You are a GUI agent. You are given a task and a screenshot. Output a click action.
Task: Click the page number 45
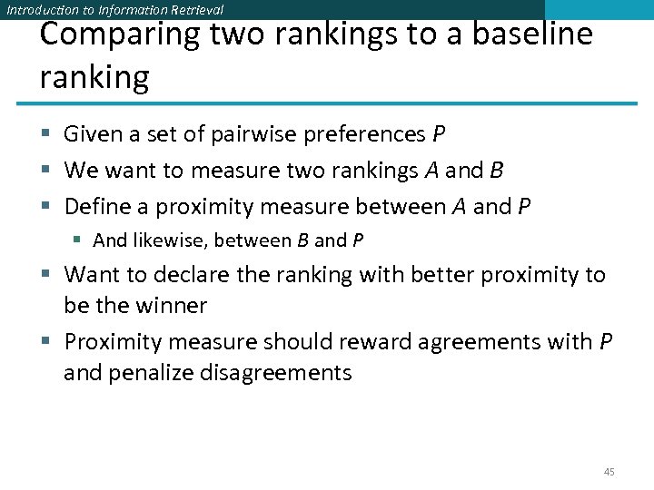tap(609, 472)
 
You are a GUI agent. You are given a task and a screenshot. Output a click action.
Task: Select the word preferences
tap(362, 135)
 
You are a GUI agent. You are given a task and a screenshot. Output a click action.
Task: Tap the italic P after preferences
tap(439, 134)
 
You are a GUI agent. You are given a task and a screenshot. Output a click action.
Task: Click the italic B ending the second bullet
tap(496, 171)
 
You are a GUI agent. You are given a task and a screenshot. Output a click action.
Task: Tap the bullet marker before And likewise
tap(80, 241)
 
